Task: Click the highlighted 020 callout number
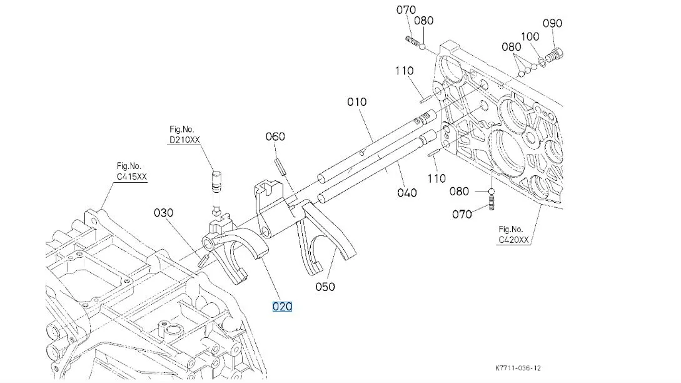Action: pyautogui.click(x=282, y=307)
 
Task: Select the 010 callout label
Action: pyautogui.click(x=357, y=102)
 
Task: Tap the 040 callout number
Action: pyautogui.click(x=407, y=193)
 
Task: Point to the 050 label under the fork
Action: pyautogui.click(x=325, y=287)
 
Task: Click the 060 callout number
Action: pyautogui.click(x=275, y=137)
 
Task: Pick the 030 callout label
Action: pyautogui.click(x=163, y=213)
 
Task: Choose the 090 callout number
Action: pyautogui.click(x=552, y=23)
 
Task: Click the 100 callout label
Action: pyautogui.click(x=530, y=36)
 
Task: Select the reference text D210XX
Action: pyautogui.click(x=184, y=140)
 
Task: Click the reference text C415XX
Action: pyautogui.click(x=131, y=177)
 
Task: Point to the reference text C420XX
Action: pyautogui.click(x=513, y=239)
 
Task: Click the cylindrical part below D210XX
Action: pyautogui.click(x=216, y=181)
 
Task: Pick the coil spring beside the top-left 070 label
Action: pyautogui.click(x=412, y=41)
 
